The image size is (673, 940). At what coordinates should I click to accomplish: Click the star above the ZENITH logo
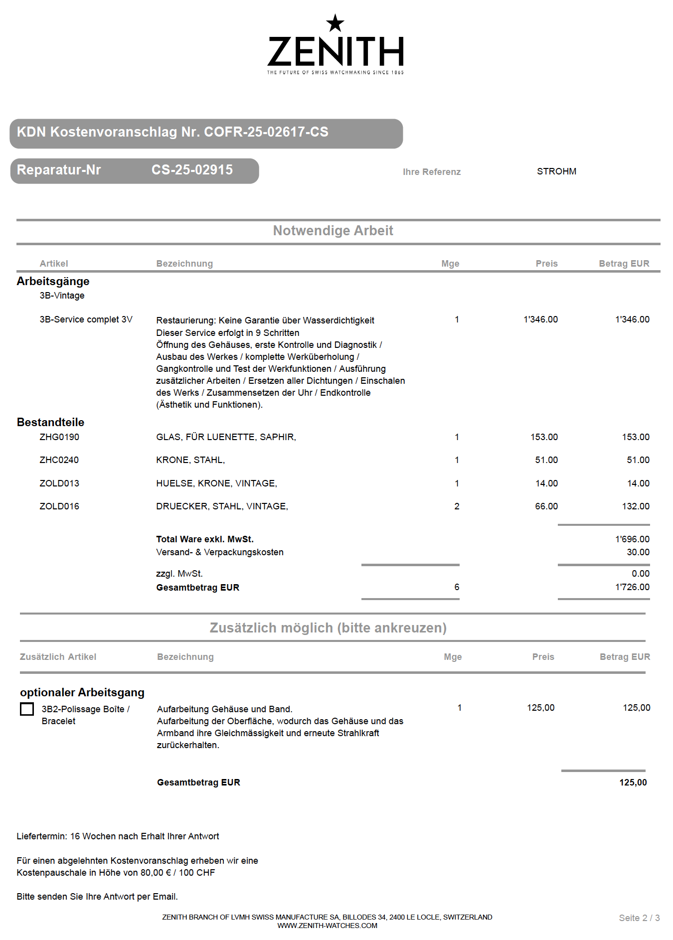click(x=335, y=23)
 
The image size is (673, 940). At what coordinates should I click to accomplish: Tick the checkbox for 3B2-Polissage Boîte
click(x=27, y=709)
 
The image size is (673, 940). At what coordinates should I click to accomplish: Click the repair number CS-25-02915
click(x=192, y=170)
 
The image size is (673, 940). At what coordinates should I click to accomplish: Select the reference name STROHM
click(x=556, y=171)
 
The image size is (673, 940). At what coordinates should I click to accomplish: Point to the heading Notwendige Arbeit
click(x=333, y=231)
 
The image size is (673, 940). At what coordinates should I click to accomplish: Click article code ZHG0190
click(x=59, y=437)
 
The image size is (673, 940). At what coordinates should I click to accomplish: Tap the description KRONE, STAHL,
click(x=190, y=460)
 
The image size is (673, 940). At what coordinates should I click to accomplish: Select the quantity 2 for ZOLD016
click(x=457, y=506)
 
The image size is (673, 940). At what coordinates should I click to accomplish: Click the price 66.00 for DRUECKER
click(x=546, y=506)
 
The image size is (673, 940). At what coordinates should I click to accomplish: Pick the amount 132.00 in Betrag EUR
click(x=636, y=506)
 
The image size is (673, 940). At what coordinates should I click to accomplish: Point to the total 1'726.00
click(x=632, y=587)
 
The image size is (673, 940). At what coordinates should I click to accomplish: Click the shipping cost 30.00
click(x=638, y=552)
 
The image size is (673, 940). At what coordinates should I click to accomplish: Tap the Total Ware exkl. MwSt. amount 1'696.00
click(x=632, y=539)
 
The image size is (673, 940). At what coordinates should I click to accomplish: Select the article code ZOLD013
click(x=59, y=483)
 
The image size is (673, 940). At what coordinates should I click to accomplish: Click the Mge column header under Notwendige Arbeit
click(x=450, y=264)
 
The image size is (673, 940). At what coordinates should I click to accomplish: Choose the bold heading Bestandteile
click(x=50, y=422)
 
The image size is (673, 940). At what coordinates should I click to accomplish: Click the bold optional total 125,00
click(x=633, y=783)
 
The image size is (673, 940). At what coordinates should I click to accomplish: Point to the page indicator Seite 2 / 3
click(x=639, y=918)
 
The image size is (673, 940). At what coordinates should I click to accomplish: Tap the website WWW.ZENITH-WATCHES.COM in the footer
click(x=327, y=926)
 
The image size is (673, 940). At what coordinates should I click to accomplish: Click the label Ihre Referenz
click(x=432, y=172)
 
